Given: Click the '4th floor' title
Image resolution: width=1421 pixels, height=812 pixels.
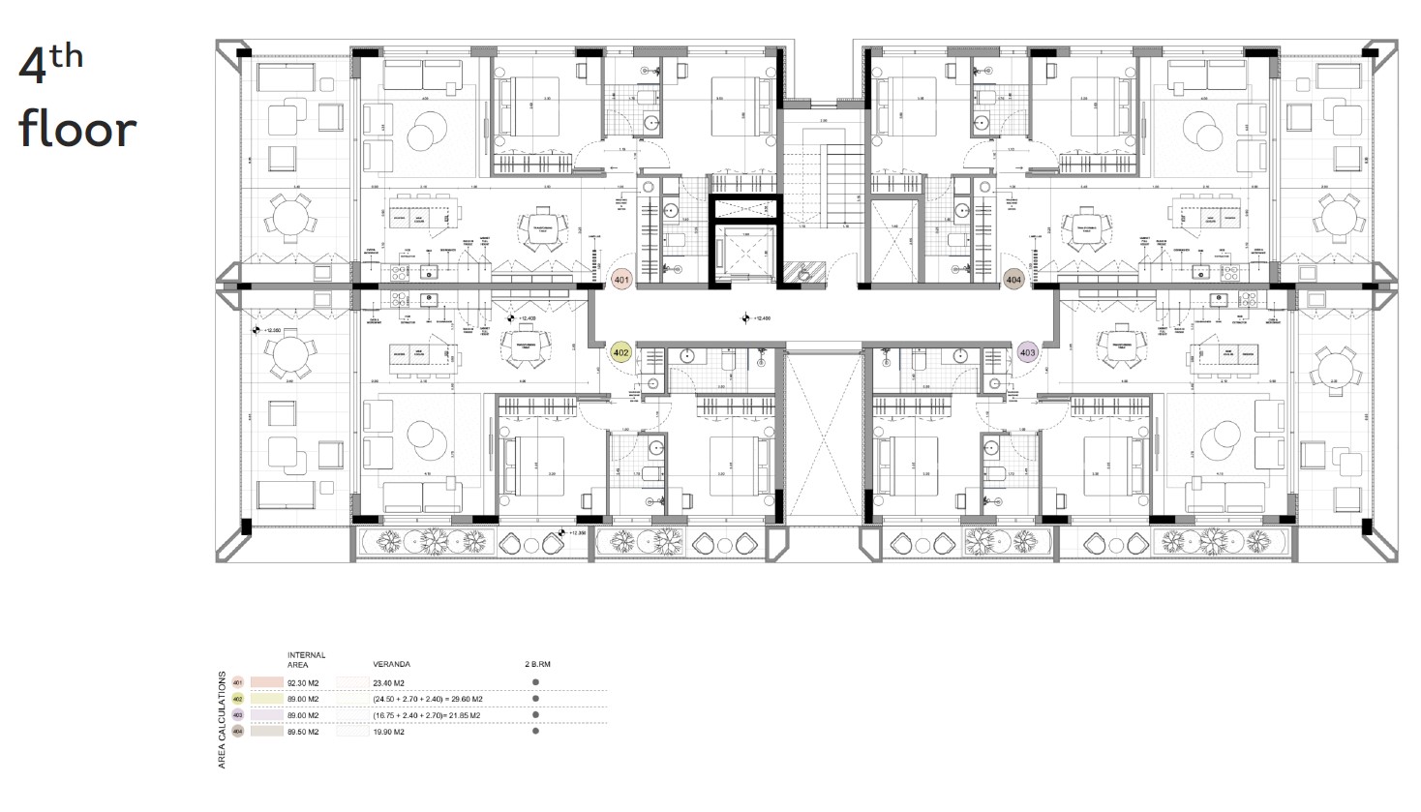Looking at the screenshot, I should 77,99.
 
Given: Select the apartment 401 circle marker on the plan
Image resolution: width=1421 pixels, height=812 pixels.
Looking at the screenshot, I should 622,281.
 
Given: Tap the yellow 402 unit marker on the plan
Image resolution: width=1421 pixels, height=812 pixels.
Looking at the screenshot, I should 621,353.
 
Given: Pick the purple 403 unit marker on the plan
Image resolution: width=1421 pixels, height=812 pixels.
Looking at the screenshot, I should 1027,353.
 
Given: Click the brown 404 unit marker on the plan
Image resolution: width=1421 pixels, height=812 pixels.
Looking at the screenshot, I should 1013,280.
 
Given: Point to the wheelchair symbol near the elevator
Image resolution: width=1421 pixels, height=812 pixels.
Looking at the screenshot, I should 801,274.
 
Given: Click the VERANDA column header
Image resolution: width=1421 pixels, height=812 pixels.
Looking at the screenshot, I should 390,665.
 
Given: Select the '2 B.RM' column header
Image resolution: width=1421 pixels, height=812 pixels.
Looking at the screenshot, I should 536,665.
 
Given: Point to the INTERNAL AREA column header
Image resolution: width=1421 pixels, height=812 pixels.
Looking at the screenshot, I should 306,660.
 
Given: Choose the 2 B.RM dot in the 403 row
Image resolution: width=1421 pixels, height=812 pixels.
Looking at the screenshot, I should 535,715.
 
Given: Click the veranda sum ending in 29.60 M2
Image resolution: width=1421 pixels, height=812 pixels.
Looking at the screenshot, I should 428,699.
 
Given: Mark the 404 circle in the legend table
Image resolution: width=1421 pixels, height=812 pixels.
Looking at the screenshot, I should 238,732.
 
